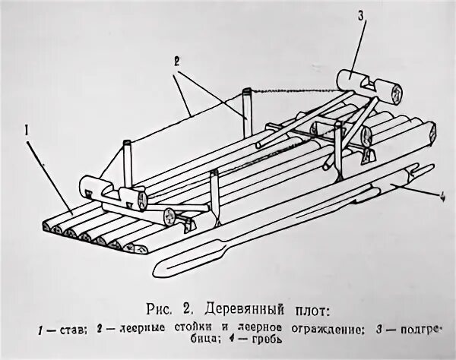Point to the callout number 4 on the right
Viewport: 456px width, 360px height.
point(441,200)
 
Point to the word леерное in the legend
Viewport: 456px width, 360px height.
point(255,330)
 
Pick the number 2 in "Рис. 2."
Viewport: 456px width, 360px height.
point(184,309)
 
